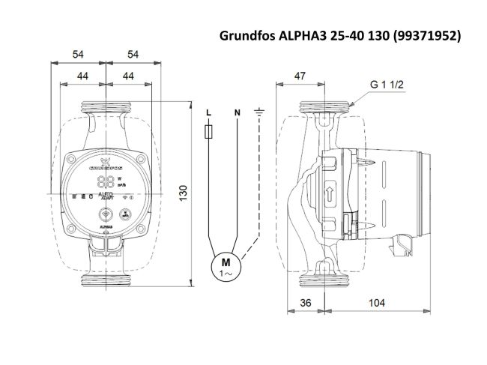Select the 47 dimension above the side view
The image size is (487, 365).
point(300,76)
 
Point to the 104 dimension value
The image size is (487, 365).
point(378,302)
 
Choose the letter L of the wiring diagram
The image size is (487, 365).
point(208,112)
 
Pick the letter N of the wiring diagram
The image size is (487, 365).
point(237,112)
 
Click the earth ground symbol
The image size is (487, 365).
point(258,112)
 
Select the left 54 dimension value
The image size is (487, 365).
point(78,54)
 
